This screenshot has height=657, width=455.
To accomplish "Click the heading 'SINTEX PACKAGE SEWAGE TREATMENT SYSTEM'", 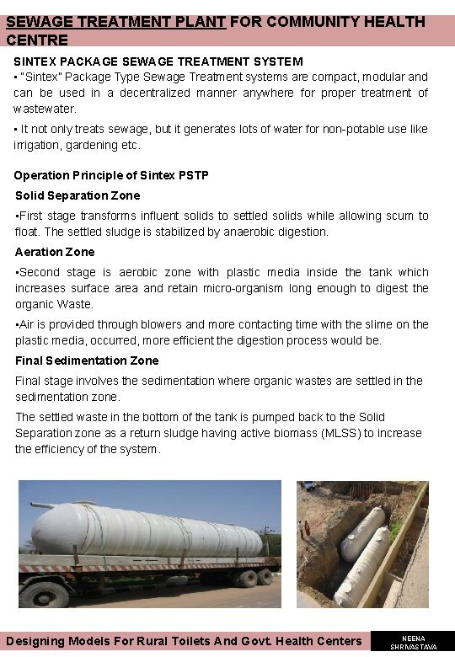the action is pyautogui.click(x=158, y=61).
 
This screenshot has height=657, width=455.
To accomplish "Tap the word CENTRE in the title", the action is pyautogui.click(x=37, y=39).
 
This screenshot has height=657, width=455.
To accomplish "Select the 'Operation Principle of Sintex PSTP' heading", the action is pyautogui.click(x=111, y=175).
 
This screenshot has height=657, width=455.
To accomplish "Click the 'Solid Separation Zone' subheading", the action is pyautogui.click(x=78, y=195).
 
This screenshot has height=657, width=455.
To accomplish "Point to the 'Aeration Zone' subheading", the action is pyautogui.click(x=55, y=252).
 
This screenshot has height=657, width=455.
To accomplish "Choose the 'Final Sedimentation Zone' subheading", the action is pyautogui.click(x=87, y=361).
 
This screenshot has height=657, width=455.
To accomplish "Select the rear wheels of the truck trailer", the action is pyautogui.click(x=249, y=578).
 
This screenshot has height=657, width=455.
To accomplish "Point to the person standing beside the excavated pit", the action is pyautogui.click(x=305, y=529).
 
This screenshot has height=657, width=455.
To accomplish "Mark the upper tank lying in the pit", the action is pyautogui.click(x=363, y=529).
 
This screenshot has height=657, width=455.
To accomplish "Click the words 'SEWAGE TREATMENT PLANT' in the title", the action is pyautogui.click(x=115, y=22).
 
